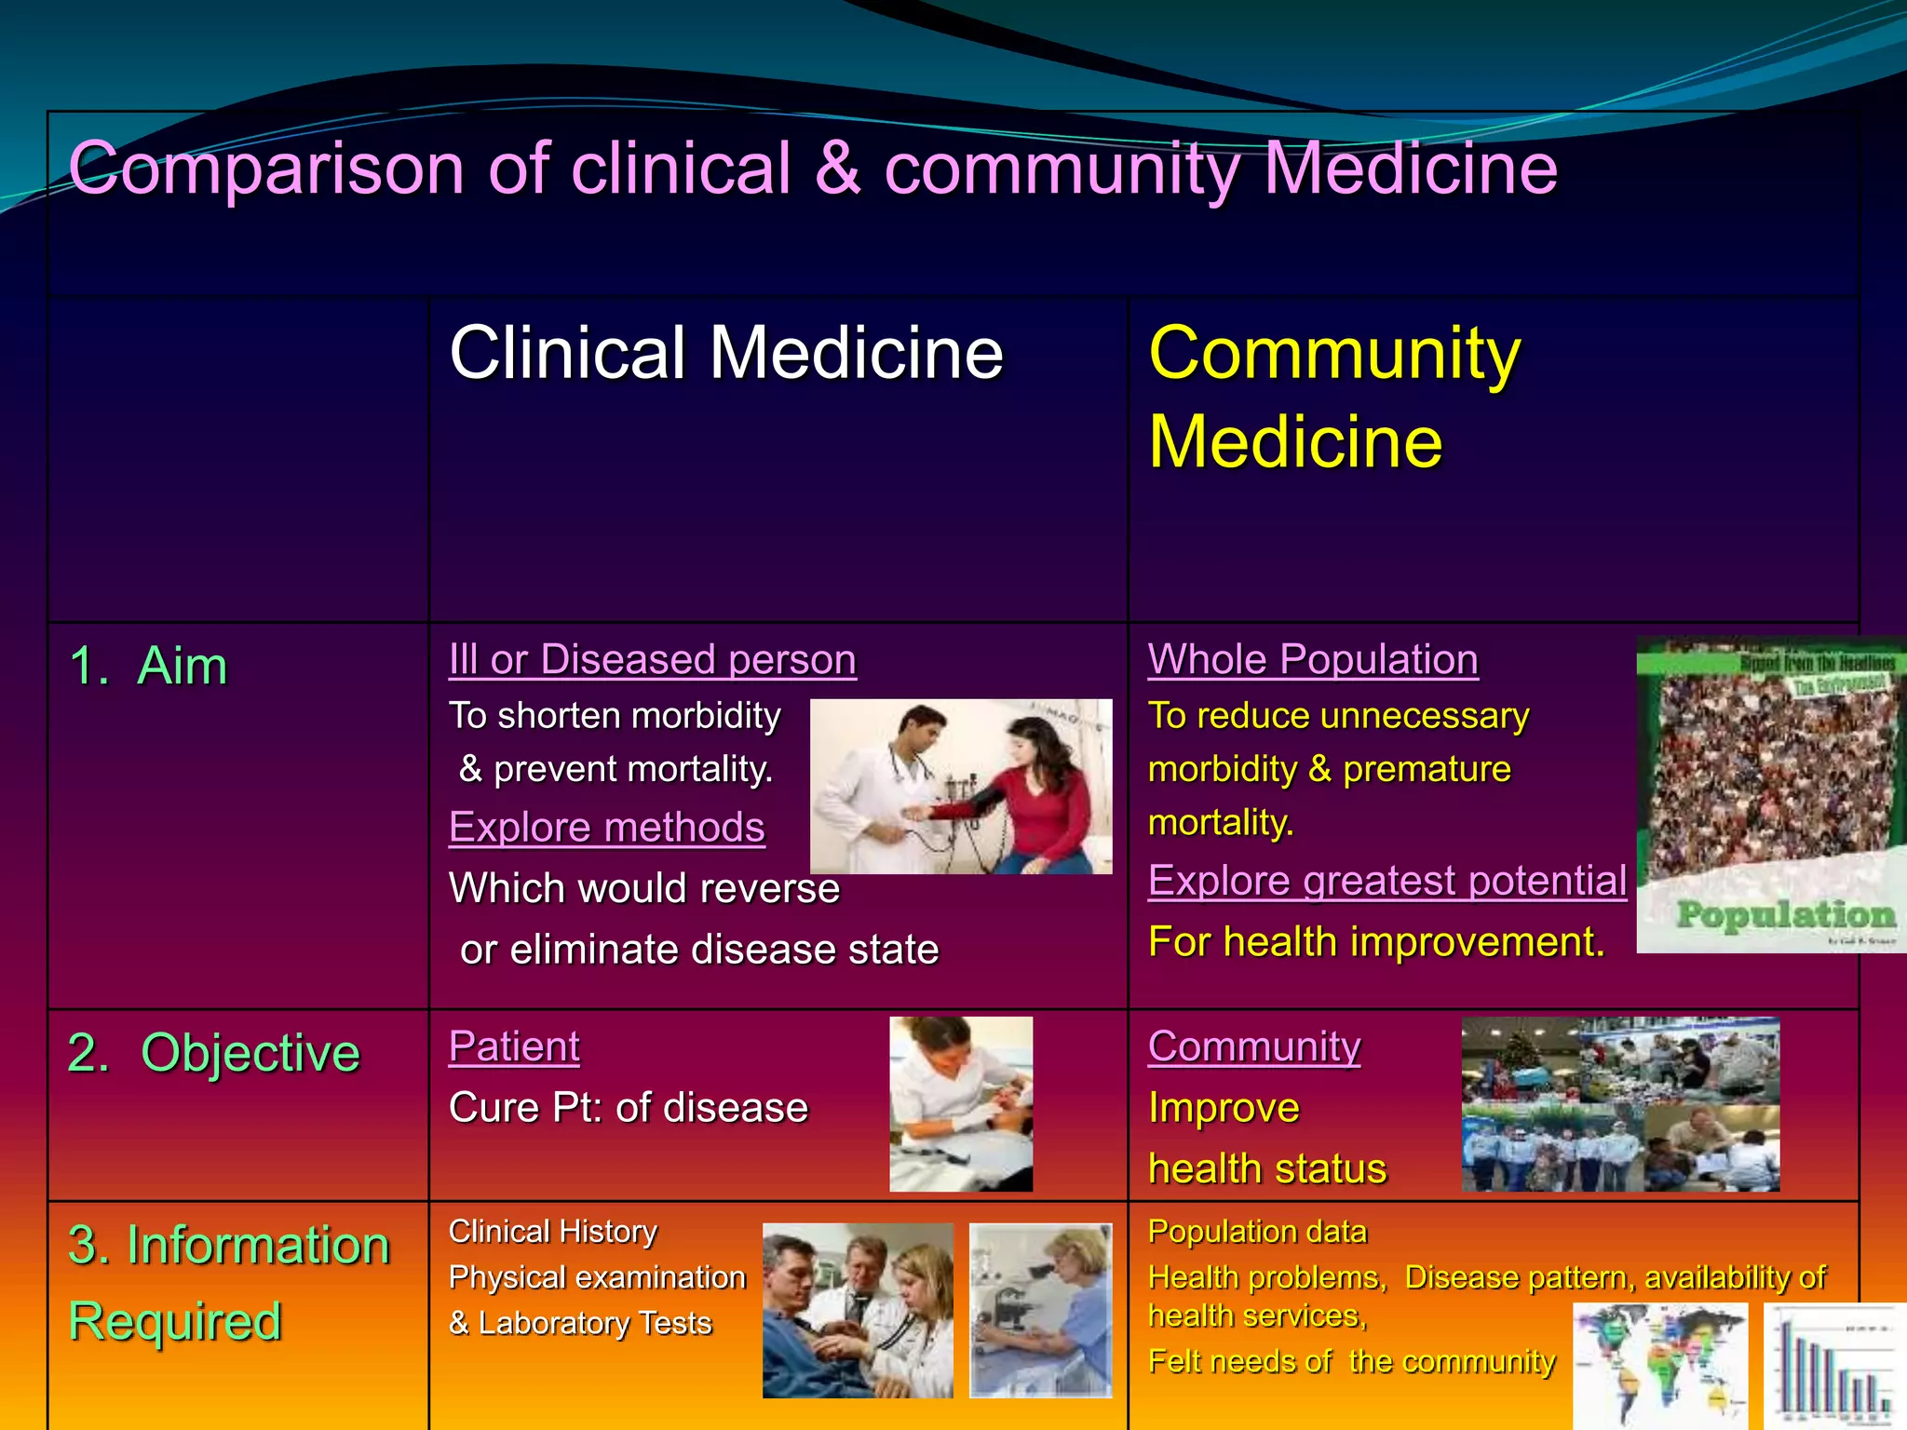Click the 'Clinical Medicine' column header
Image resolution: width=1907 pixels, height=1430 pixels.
pos(725,353)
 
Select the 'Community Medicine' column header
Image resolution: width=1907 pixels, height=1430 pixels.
pos(1333,398)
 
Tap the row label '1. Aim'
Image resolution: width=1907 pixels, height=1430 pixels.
pos(149,667)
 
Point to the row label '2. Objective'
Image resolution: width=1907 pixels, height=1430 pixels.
pos(213,1053)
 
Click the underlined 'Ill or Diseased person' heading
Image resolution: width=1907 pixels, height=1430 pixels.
pos(652,659)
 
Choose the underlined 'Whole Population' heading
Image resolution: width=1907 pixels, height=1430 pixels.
pos(1313,659)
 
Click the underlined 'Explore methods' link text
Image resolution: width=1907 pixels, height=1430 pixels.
pos(606,827)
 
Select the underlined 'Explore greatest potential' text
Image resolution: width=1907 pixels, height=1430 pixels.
pos(1386,880)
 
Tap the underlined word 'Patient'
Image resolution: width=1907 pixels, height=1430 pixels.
pos(514,1046)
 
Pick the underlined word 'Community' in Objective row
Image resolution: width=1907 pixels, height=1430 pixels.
pos(1253,1046)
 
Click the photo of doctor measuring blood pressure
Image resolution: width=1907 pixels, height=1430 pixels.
pos(961,787)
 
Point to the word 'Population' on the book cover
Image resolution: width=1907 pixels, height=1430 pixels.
pos(1786,914)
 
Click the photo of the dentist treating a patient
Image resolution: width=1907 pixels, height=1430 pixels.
pos(961,1104)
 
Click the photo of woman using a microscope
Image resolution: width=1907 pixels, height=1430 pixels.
pos(1041,1310)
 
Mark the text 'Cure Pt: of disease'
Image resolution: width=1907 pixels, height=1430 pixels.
pos(629,1108)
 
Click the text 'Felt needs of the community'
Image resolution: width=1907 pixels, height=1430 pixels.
pos(1351,1361)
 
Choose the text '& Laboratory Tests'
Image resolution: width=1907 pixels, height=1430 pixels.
pos(580,1323)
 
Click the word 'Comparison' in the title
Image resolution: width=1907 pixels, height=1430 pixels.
pos(266,169)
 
